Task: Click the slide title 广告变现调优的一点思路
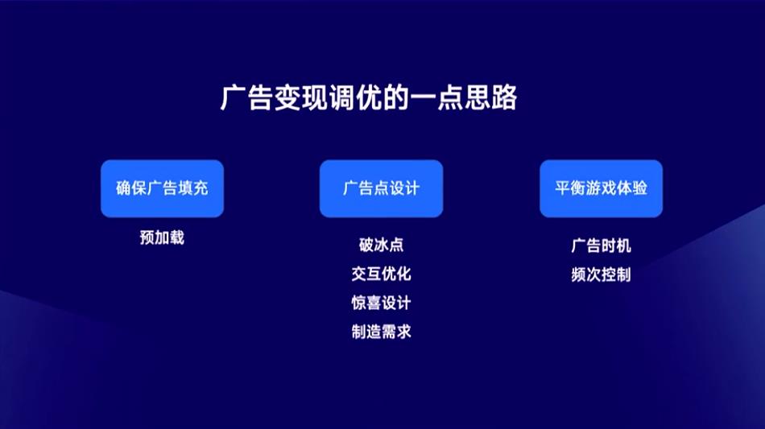368,97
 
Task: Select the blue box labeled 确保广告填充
162,188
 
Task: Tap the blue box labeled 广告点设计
381,188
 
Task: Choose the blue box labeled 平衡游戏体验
601,188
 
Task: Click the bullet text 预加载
162,237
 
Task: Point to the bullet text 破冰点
381,245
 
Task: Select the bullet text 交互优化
381,274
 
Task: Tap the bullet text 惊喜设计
381,303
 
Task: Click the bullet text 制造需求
381,332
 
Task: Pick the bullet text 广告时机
601,245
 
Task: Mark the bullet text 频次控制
601,274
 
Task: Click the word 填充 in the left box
193,188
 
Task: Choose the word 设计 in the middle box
404,188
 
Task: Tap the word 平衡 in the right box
570,188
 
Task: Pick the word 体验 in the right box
632,188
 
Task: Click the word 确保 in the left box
131,188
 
